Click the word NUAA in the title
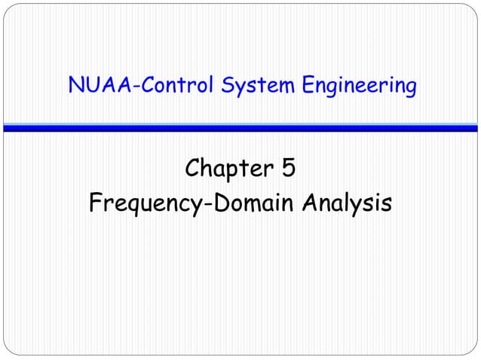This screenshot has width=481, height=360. pyautogui.click(x=97, y=87)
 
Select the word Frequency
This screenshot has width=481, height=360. pyautogui.click(x=142, y=203)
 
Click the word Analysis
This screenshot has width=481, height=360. pyautogui.click(x=344, y=203)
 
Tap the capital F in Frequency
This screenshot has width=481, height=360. pyautogui.click(x=96, y=203)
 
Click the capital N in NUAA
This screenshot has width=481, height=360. pyautogui.click(x=75, y=87)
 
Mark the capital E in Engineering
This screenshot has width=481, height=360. pyautogui.click(x=309, y=87)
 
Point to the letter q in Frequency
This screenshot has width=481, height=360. pyautogui.click(x=137, y=206)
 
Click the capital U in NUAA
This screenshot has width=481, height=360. pyautogui.click(x=90, y=87)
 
